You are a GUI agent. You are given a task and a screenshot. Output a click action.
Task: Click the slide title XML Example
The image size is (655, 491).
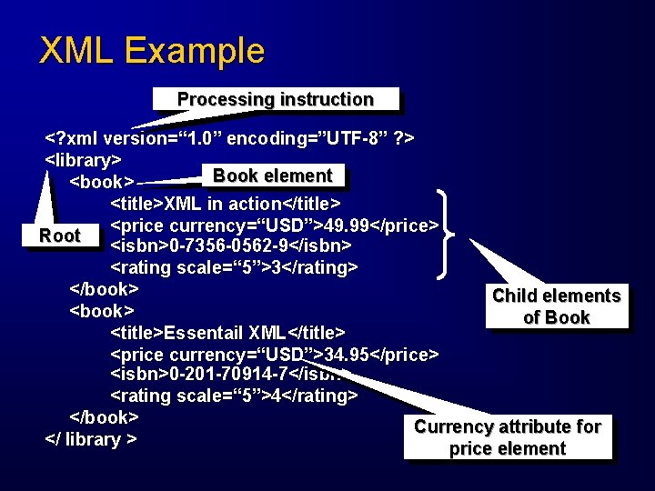(x=152, y=50)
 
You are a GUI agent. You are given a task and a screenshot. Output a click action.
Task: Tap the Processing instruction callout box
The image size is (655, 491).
(x=275, y=99)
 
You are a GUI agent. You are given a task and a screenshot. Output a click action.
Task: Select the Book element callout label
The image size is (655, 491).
(x=272, y=175)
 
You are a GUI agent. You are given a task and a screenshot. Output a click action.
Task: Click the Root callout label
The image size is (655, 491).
(x=60, y=235)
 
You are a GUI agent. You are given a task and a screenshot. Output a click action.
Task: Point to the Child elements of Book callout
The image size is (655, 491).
(x=556, y=306)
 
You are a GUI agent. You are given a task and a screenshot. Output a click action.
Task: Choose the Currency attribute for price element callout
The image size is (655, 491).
(x=508, y=437)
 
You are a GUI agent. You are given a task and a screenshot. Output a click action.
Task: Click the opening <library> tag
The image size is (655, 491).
(x=84, y=160)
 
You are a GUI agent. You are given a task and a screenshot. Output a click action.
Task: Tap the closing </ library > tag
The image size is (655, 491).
(x=91, y=439)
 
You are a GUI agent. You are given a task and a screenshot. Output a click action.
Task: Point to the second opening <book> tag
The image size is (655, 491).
(x=104, y=311)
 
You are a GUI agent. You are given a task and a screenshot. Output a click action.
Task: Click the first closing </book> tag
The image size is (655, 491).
(x=104, y=289)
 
